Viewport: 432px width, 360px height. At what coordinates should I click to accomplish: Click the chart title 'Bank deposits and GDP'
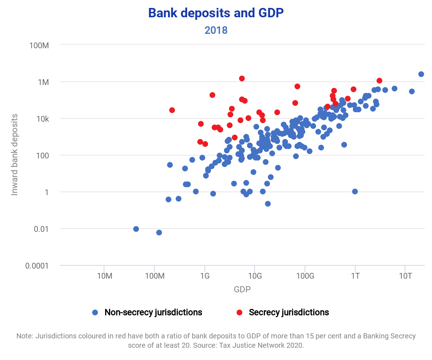tap(216, 13)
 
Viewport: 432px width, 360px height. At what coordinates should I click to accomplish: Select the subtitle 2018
tap(216, 30)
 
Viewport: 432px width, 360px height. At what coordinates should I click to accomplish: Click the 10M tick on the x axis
tap(104, 276)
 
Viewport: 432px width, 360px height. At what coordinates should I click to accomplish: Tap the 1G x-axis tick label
tap(204, 276)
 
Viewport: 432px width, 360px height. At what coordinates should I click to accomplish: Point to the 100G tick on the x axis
tap(305, 276)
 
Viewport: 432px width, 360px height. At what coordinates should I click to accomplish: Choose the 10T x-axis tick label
tap(405, 276)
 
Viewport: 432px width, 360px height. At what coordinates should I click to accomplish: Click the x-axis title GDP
tap(242, 289)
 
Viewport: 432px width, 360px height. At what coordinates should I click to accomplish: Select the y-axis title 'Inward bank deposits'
tap(15, 155)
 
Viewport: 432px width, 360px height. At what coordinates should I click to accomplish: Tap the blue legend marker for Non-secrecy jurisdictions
tap(95, 312)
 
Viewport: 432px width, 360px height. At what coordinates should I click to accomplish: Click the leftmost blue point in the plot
tap(136, 229)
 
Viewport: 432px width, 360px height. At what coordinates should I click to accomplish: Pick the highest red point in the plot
tap(242, 78)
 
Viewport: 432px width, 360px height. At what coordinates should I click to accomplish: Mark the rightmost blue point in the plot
tap(421, 74)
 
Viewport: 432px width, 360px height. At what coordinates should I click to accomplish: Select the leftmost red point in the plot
tap(172, 110)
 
